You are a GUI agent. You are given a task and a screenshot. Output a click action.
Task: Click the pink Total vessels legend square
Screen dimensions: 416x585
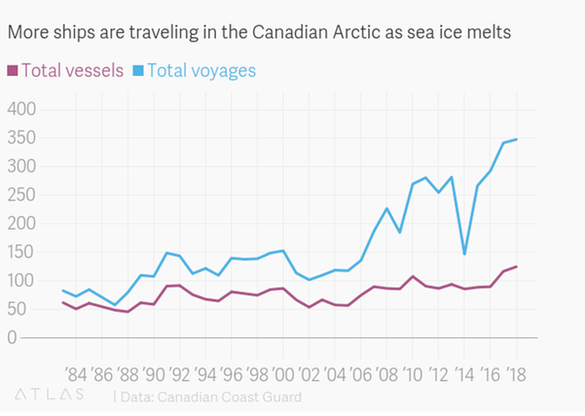coord(12,71)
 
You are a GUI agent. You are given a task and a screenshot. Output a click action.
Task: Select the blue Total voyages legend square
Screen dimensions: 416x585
coord(138,71)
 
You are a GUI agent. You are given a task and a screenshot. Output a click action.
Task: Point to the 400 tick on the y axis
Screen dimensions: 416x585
coord(23,110)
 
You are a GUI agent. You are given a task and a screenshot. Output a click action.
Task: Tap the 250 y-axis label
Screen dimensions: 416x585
coord(23,195)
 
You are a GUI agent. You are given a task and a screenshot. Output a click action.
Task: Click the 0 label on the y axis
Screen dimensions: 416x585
coord(12,338)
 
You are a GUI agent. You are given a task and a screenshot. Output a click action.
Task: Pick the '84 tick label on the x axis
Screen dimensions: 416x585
coord(76,375)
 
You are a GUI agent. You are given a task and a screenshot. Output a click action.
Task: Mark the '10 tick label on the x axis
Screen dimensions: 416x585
coord(412,375)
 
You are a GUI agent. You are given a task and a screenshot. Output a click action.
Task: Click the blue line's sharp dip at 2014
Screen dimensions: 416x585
coord(464,254)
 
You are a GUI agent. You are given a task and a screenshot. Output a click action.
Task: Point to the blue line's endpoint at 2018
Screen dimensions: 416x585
coord(516,139)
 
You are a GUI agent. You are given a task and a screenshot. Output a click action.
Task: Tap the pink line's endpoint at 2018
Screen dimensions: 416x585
coord(516,266)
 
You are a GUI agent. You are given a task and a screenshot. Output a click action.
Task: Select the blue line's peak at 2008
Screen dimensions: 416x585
coord(387,208)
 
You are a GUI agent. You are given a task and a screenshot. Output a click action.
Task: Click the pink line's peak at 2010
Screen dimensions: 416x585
coord(412,276)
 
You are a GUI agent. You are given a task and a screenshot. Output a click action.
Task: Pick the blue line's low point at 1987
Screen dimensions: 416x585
coord(115,305)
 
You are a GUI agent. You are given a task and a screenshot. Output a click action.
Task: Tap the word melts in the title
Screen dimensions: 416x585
coord(488,34)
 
